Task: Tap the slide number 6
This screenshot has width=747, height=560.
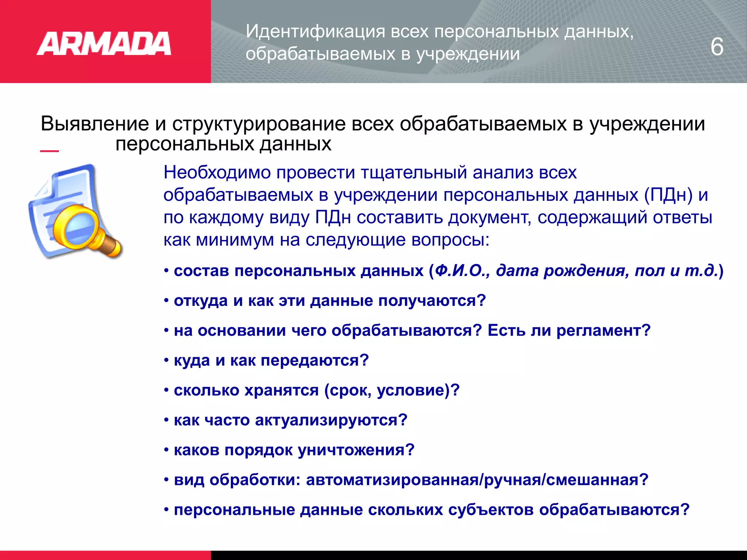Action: (x=717, y=47)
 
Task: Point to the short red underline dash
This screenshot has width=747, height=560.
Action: (x=49, y=151)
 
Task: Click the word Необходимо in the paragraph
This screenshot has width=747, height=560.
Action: (x=217, y=172)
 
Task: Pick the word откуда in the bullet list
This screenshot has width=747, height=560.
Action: (x=201, y=301)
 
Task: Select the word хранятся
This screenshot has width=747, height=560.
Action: (x=281, y=390)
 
